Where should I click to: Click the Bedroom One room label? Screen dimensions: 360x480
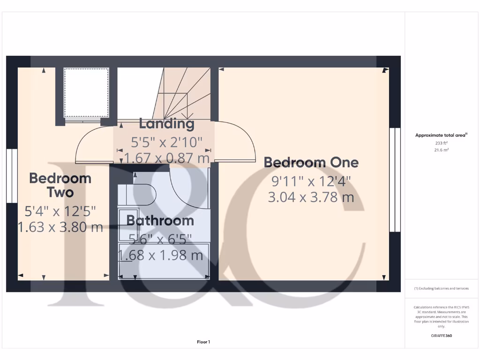[311, 163]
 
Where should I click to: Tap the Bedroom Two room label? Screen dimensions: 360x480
[60, 185]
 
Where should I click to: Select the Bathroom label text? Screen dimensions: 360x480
[160, 220]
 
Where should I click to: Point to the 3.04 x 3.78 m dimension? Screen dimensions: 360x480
[311, 197]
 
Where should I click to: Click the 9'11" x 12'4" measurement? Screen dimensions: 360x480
[311, 180]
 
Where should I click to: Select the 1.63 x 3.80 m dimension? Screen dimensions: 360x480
[60, 227]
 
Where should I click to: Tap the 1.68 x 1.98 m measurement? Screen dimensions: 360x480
[160, 255]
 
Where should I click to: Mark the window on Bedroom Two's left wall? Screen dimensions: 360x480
[12, 176]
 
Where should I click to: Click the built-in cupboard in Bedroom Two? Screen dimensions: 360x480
[86, 92]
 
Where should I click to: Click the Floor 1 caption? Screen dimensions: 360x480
[203, 342]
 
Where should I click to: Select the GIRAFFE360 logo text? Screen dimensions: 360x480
[442, 336]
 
